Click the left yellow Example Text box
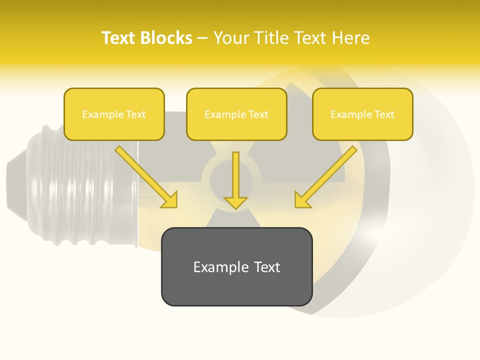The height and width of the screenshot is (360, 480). coord(114,114)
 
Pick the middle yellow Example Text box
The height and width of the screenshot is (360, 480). coord(236,114)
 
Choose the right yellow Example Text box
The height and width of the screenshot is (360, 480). coord(362,114)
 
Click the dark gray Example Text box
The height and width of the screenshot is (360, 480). coord(236,266)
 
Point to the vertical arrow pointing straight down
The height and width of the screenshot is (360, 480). coord(235,177)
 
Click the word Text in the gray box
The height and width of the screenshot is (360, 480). coord(267,267)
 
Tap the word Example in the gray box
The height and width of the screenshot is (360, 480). coord(220,267)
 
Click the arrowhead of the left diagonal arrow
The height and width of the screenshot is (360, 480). coord(170,200)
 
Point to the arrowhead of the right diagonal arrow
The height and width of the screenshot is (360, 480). coord(301,200)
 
